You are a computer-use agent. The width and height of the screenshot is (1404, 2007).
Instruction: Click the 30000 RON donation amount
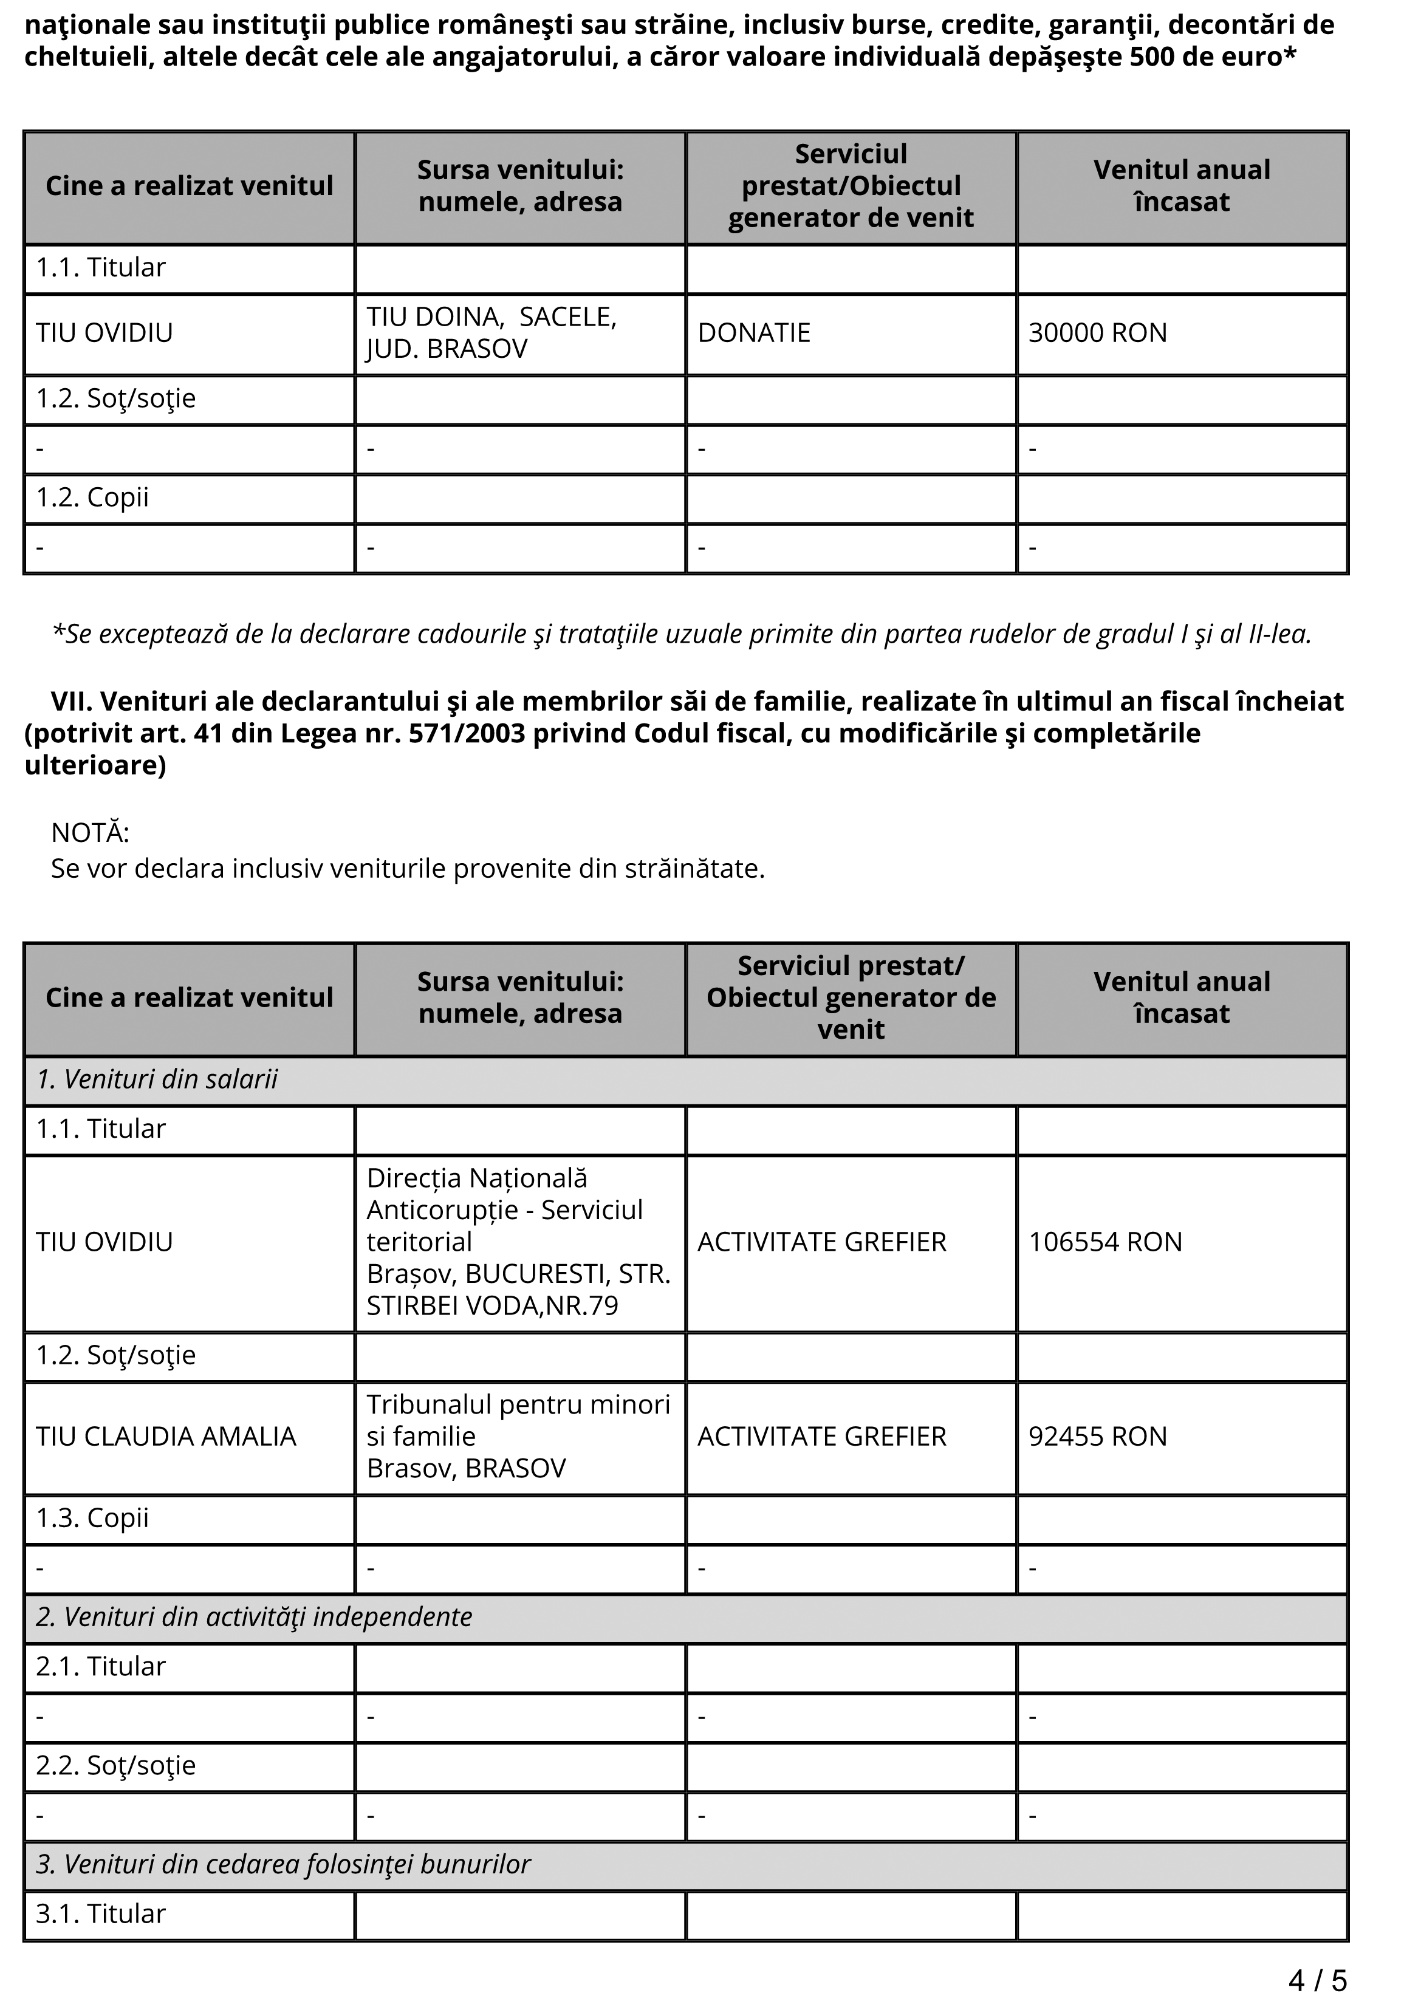[x=1097, y=333]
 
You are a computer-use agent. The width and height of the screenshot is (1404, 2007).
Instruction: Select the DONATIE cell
[x=753, y=333]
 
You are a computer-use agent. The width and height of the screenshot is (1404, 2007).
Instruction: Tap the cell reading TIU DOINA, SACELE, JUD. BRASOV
[x=491, y=333]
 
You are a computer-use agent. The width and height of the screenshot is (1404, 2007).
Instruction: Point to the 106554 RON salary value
[x=1105, y=1242]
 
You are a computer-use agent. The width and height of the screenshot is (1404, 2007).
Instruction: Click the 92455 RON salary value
[x=1097, y=1436]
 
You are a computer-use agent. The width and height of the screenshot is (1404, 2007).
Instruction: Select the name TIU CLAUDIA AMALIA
[x=166, y=1436]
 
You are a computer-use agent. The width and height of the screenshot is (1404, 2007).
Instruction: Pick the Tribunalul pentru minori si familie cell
[x=518, y=1436]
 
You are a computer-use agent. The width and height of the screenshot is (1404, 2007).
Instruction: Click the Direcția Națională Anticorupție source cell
[x=518, y=1242]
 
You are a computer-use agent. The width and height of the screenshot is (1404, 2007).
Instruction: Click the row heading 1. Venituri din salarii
[x=157, y=1079]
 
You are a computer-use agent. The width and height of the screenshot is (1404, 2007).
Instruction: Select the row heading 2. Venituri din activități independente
[x=253, y=1617]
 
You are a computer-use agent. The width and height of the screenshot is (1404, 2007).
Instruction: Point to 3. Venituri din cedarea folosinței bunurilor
[x=283, y=1864]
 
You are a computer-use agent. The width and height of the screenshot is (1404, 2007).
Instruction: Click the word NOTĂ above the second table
[x=90, y=833]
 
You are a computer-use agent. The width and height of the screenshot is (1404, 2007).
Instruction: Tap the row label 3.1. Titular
[x=100, y=1914]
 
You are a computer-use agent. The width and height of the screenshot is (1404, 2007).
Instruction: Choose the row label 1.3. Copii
[x=92, y=1519]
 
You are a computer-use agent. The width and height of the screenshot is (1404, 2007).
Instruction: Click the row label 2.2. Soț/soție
[x=115, y=1766]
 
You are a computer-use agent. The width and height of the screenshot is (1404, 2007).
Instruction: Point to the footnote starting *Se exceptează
[x=682, y=635]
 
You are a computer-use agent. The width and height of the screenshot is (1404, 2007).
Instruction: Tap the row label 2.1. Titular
[x=100, y=1667]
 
